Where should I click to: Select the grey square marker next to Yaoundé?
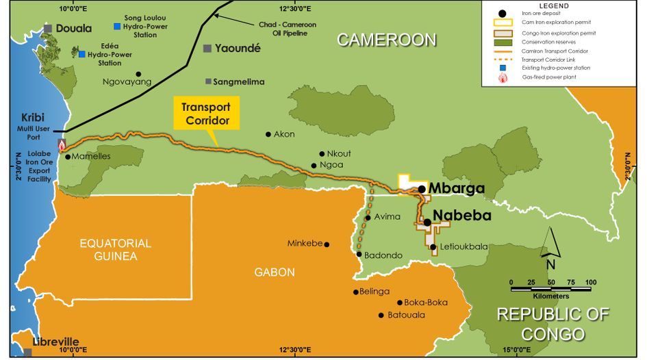[207, 48]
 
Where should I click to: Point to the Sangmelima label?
[239, 81]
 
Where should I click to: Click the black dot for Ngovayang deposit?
[138, 74]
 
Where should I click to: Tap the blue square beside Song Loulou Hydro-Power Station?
[118, 26]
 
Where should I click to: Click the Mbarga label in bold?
[456, 188]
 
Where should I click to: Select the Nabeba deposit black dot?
[427, 222]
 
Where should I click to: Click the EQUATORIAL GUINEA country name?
[115, 250]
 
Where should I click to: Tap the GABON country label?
[275, 272]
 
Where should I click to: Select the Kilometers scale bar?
[550, 289]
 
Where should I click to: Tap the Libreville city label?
[55, 342]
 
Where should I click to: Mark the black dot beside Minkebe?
[327, 244]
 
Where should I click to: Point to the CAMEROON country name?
[386, 40]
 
